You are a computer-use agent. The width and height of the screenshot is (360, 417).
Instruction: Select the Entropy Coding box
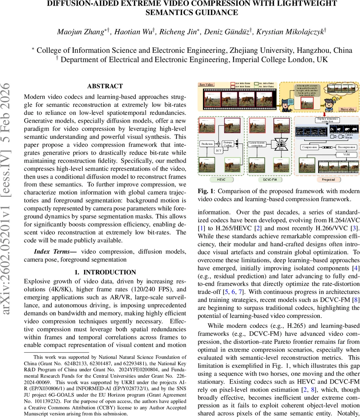click(x=228, y=144)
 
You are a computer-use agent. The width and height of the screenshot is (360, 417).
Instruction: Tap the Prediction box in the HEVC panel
click(x=207, y=143)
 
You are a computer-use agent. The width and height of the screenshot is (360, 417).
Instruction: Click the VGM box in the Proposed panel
click(x=346, y=154)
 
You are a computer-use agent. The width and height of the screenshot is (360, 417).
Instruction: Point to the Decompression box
click(x=346, y=147)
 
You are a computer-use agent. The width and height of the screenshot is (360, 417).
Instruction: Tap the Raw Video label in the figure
click(x=206, y=84)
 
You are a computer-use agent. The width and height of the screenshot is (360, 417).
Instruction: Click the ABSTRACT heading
click(x=105, y=86)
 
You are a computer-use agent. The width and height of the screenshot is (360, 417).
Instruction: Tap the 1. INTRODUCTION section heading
click(x=105, y=272)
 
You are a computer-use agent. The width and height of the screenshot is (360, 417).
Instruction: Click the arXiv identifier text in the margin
click(x=8, y=198)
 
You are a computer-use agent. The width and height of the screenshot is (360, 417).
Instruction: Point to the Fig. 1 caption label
click(x=206, y=191)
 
